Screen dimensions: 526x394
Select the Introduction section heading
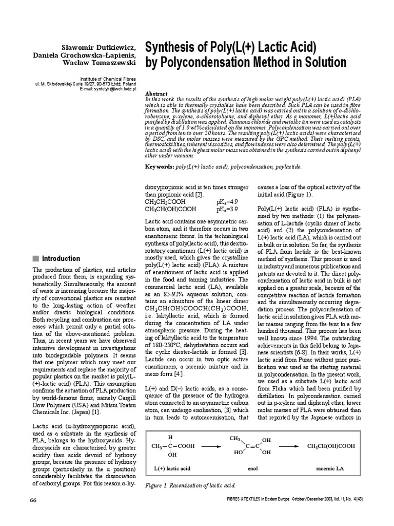coord(61,258)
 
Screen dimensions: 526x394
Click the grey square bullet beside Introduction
coord(35,258)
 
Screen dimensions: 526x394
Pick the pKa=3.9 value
coord(226,210)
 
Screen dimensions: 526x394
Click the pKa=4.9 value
coord(226,202)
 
